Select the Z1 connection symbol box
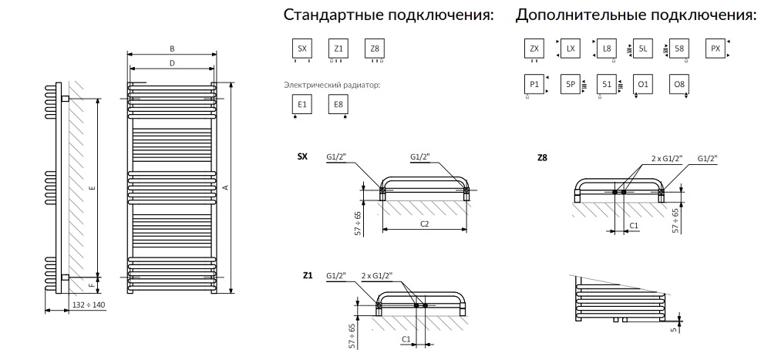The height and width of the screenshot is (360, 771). pyautogui.click(x=338, y=49)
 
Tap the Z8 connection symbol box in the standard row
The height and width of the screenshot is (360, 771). pyautogui.click(x=375, y=49)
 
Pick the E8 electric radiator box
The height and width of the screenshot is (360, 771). pyautogui.click(x=338, y=105)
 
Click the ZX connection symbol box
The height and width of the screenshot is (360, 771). pyautogui.click(x=534, y=49)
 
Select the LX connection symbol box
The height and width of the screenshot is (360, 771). pyautogui.click(x=571, y=49)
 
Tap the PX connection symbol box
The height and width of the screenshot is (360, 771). pyautogui.click(x=715, y=49)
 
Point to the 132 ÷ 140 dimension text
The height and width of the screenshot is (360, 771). pyautogui.click(x=88, y=304)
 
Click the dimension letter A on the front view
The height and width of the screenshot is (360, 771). pyautogui.click(x=224, y=187)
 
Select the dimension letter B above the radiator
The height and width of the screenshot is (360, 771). pyautogui.click(x=172, y=49)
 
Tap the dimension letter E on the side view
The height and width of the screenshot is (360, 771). pyautogui.click(x=92, y=187)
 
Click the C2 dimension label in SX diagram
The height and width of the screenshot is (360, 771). pyautogui.click(x=424, y=223)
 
